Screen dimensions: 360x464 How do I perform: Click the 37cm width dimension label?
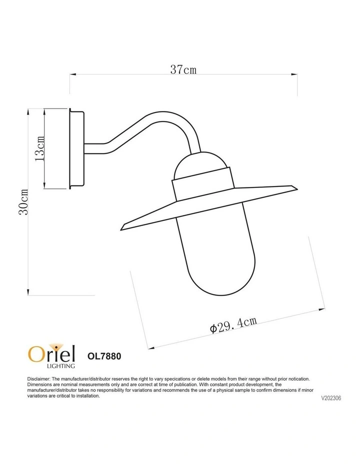[183, 69]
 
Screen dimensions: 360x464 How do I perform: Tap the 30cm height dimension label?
[23, 202]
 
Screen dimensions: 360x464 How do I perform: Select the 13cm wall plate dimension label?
[39, 148]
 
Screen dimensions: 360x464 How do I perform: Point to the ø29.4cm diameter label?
[233, 325]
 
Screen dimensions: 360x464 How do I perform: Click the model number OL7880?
[104, 356]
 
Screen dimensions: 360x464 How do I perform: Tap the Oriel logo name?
[51, 353]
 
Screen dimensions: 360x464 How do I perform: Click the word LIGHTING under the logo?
[61, 366]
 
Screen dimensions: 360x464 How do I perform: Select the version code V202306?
[331, 398]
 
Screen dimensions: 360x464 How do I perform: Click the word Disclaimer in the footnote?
[38, 379]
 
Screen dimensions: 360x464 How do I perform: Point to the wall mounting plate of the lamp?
[77, 148]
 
